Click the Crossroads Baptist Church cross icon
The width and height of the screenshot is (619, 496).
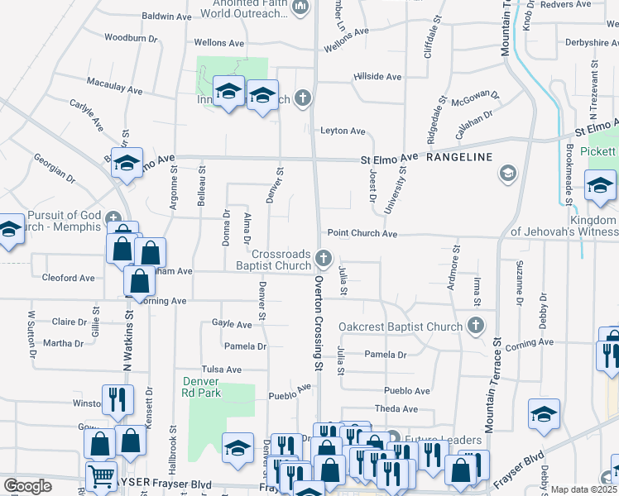tap(324, 260)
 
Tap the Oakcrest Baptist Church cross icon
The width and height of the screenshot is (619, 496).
tap(475, 326)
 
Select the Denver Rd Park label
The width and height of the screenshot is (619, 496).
tap(201, 387)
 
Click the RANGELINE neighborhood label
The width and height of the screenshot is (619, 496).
tap(459, 157)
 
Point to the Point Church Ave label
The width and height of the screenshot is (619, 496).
tap(362, 234)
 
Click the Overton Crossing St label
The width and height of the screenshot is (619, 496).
tap(318, 322)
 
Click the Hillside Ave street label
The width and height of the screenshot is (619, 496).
tap(377, 77)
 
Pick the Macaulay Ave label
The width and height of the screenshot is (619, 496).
tap(115, 86)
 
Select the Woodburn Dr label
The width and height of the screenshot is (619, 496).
tap(131, 38)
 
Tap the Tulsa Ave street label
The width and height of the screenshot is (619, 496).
tap(221, 370)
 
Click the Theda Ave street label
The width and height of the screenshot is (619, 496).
tap(396, 409)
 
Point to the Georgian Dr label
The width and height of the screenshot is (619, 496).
tap(55, 167)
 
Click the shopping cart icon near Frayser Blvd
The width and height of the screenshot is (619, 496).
tap(101, 476)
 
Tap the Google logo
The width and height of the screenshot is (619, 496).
tap(27, 486)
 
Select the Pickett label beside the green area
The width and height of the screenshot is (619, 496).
tap(597, 152)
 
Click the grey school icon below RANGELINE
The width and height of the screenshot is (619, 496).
tap(506, 174)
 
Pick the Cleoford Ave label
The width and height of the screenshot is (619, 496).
tap(68, 279)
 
